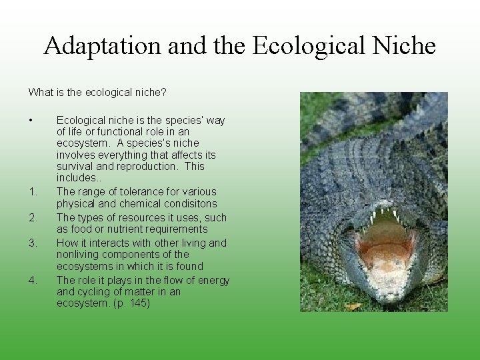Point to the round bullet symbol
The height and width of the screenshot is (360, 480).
coord(31,121)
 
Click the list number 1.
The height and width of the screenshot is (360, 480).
coord(33,193)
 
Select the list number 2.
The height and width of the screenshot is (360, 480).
coord(33,217)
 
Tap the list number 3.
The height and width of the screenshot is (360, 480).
coord(33,243)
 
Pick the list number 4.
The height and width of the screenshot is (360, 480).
coord(33,280)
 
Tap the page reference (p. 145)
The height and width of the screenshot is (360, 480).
coord(131,304)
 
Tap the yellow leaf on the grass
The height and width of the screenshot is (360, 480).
coord(353,306)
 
